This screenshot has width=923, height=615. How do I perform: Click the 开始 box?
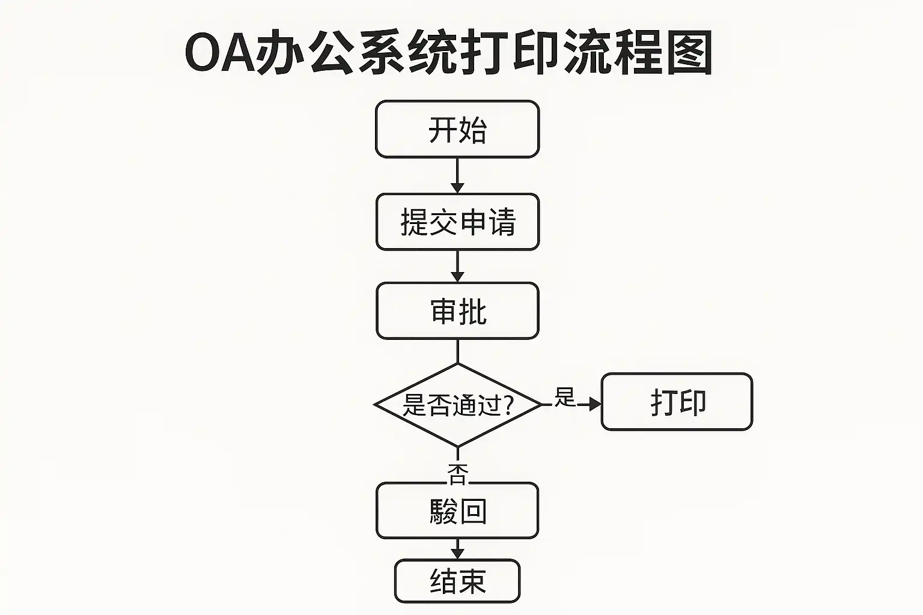(457, 129)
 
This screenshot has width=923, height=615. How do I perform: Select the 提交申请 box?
(457, 222)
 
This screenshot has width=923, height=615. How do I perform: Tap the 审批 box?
(457, 311)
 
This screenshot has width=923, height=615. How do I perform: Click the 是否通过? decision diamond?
(457, 405)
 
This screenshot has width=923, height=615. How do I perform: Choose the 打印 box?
(677, 402)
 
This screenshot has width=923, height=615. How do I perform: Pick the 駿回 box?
(457, 511)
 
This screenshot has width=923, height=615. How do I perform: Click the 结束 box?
(457, 581)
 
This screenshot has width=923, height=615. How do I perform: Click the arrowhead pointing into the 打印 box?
(594, 404)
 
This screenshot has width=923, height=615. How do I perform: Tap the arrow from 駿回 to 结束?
(457, 548)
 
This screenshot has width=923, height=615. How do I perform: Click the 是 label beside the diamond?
(565, 396)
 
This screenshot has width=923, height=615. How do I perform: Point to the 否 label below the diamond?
(458, 473)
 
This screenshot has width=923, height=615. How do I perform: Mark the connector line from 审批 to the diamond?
(457, 351)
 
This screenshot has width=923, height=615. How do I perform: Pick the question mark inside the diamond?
(508, 406)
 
